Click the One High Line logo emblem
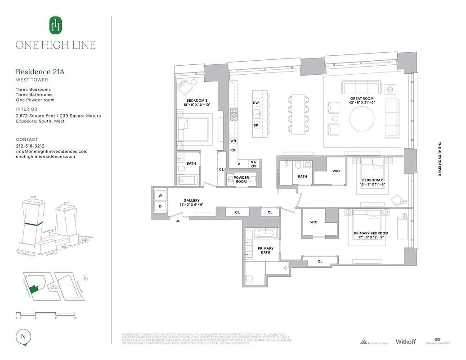pos(55,26)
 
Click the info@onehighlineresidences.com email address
pos(51,152)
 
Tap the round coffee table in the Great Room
pos(362,118)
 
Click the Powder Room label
pos(241,179)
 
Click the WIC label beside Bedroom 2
pos(336,171)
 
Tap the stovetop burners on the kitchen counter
pos(234,115)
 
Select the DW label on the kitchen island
pos(255,103)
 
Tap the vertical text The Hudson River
pos(439,159)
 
